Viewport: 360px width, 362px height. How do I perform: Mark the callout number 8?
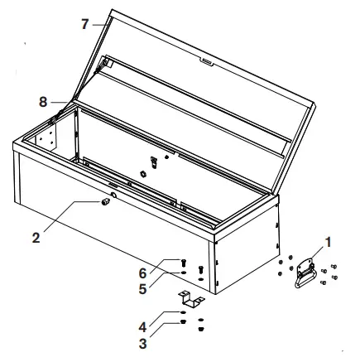click(x=43, y=102)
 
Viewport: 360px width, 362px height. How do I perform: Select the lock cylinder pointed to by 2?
click(x=106, y=201)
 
